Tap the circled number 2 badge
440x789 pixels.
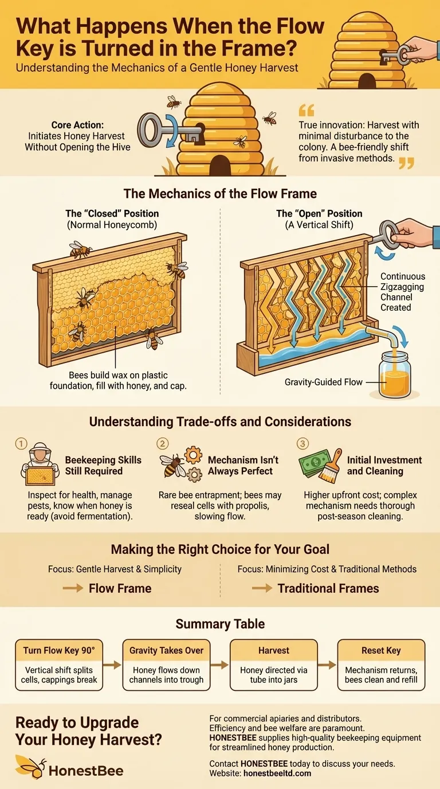coord(162,443)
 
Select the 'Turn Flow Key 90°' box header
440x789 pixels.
coord(59,650)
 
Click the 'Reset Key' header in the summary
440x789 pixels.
coord(381,650)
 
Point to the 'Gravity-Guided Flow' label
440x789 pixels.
coord(324,382)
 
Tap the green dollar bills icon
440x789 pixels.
coord(315,463)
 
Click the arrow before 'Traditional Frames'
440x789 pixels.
coord(262,588)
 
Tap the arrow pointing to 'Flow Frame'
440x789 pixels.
coord(73,588)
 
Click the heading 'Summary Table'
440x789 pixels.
coord(220,624)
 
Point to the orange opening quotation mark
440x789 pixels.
coord(307,110)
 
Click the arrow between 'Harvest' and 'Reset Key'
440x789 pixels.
coord(327,665)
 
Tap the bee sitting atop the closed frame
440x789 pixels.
coord(80,249)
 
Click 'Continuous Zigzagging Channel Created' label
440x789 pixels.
coord(402,292)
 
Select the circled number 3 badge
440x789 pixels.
coord(302,443)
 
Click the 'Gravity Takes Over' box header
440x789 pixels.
coord(167,650)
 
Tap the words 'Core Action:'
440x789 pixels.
coord(77,125)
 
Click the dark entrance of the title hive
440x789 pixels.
coord(367,81)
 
